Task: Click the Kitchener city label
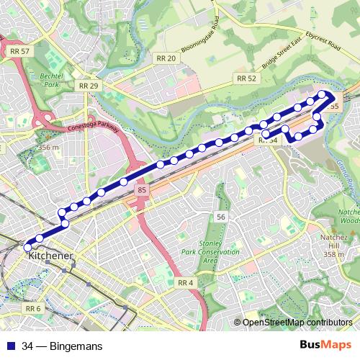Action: (48, 256)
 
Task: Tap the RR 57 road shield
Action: (20, 51)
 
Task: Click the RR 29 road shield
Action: (89, 85)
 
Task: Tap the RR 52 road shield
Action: (246, 78)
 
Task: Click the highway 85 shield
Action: (142, 190)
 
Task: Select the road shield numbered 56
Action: (221, 217)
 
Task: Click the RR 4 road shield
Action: (184, 283)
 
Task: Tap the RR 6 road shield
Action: (33, 309)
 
